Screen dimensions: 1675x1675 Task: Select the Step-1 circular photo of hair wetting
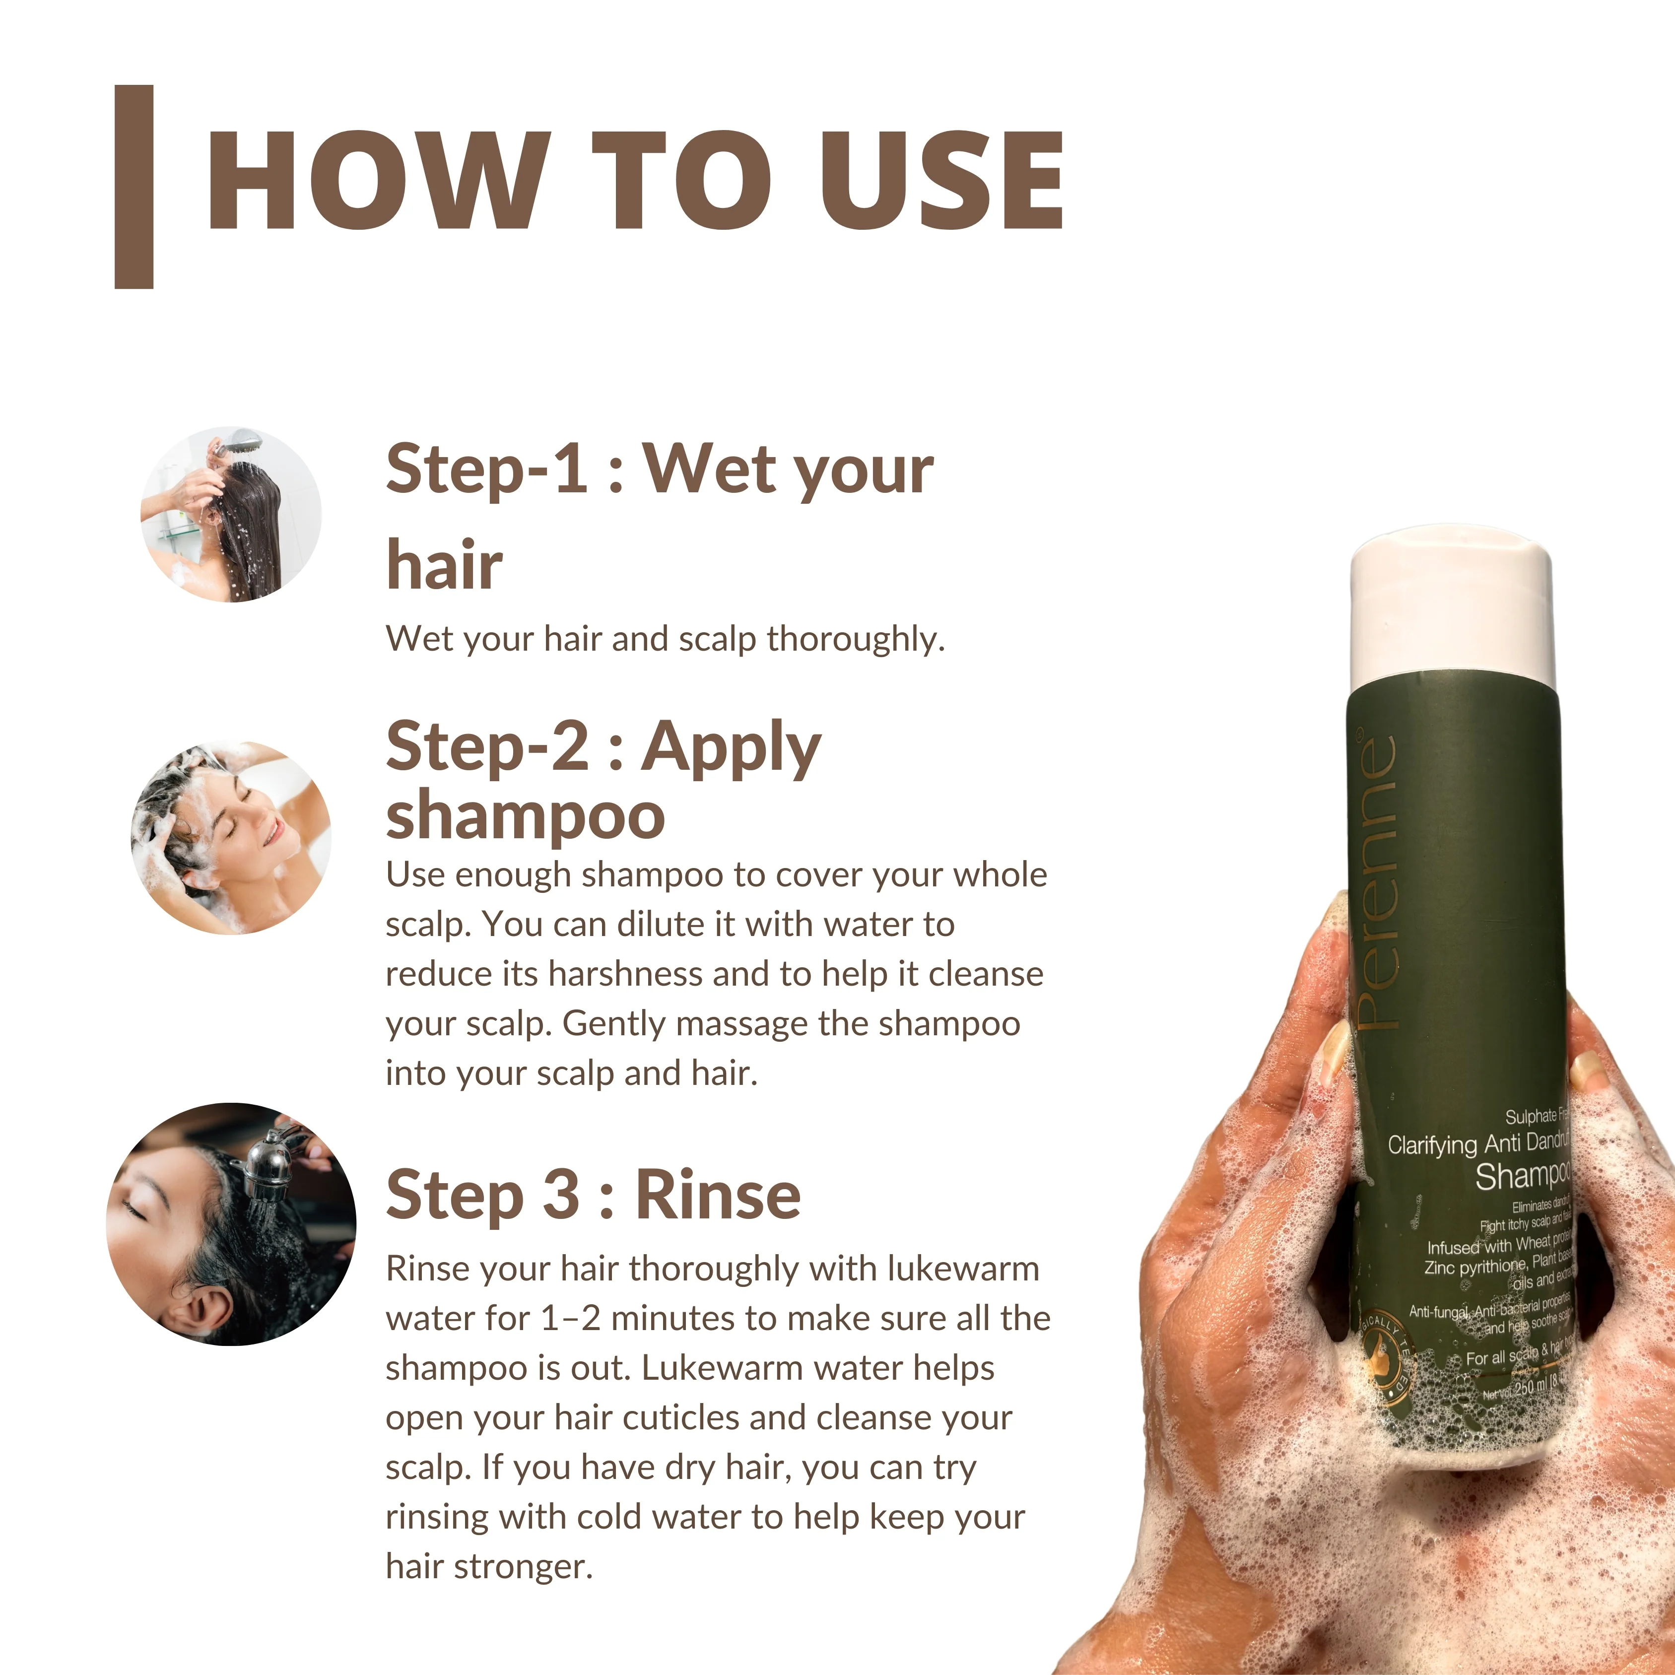point(231,514)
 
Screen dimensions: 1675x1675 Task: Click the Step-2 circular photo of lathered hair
point(231,838)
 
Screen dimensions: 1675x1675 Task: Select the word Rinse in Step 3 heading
point(718,1195)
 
